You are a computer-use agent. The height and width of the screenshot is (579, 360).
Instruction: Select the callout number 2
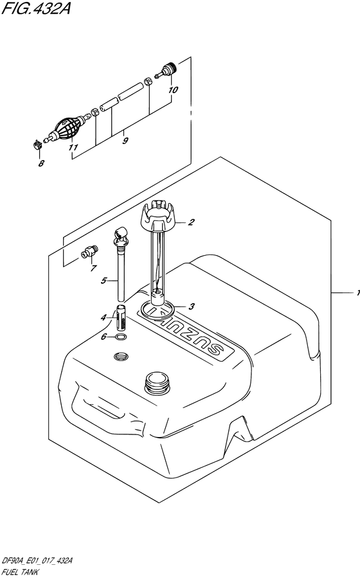[x=191, y=223]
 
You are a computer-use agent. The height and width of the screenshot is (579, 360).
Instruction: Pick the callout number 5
[x=102, y=280]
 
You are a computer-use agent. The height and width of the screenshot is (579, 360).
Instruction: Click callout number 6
[x=104, y=337]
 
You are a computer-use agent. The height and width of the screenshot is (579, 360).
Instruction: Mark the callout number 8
[x=42, y=163]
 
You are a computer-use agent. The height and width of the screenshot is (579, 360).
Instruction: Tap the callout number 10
[x=172, y=91]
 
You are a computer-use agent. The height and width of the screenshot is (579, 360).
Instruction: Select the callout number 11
[x=73, y=147]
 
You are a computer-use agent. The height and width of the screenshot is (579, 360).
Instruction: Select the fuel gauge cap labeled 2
[x=157, y=218]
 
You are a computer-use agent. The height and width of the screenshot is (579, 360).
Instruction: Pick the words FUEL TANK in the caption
[x=22, y=571]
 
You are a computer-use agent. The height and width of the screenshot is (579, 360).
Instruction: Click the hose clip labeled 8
[x=37, y=145]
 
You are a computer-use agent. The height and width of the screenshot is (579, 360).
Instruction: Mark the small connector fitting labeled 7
[x=89, y=252]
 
